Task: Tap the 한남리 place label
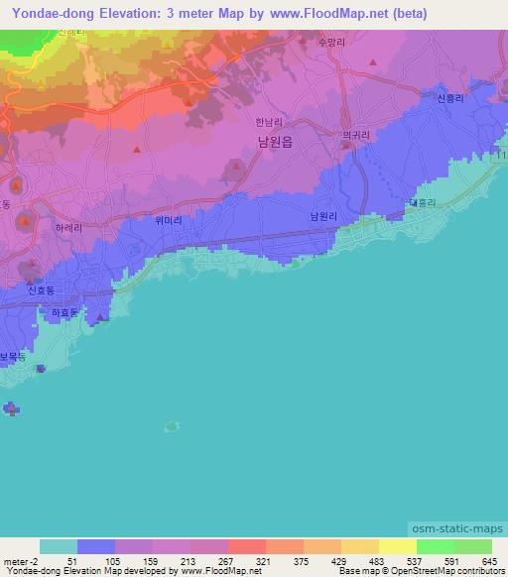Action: pos(269,121)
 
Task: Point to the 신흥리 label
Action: pos(449,99)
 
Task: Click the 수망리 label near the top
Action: pos(330,43)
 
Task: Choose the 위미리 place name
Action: pos(170,222)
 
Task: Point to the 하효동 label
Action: pos(64,311)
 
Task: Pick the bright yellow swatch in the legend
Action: pos(397,546)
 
